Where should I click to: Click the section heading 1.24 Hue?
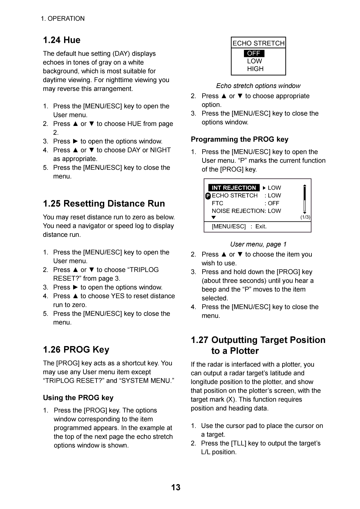tap(62, 40)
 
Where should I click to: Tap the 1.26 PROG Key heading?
tap(76, 350)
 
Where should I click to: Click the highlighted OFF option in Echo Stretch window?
tap(254, 53)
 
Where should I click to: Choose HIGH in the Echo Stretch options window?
tap(255, 69)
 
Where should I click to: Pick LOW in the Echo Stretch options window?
tap(255, 61)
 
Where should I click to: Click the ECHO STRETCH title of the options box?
tap(258, 43)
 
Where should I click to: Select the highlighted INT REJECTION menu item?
tap(234, 188)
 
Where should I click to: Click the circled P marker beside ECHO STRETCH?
tap(208, 196)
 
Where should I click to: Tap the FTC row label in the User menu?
tap(217, 203)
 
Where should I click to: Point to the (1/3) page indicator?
tap(305, 217)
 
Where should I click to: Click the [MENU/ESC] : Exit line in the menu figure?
tap(239, 226)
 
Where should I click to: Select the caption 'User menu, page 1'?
tap(258, 244)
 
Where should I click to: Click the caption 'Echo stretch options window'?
tap(258, 86)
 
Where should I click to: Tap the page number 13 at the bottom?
tap(176, 487)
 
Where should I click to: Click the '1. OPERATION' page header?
tap(63, 19)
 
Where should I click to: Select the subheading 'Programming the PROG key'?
tap(240, 140)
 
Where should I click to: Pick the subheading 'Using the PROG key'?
tap(78, 398)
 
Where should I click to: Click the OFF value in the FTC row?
tap(274, 203)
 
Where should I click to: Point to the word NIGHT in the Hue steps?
tap(160, 150)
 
